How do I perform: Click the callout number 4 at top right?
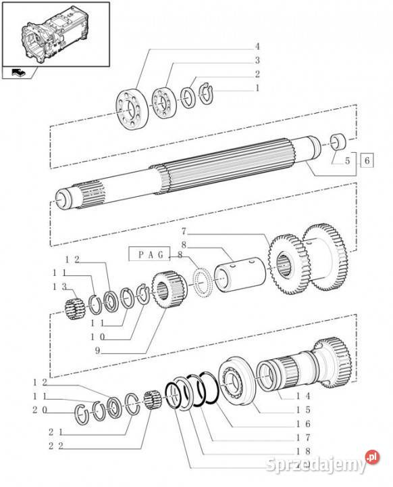(257, 47)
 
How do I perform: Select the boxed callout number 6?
(367, 160)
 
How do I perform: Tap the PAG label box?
(150, 254)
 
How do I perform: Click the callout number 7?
(184, 231)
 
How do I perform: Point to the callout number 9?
(97, 350)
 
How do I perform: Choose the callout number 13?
(59, 287)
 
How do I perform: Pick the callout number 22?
(56, 446)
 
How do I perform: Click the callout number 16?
(303, 423)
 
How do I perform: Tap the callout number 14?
(303, 396)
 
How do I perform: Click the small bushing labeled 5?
(338, 141)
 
